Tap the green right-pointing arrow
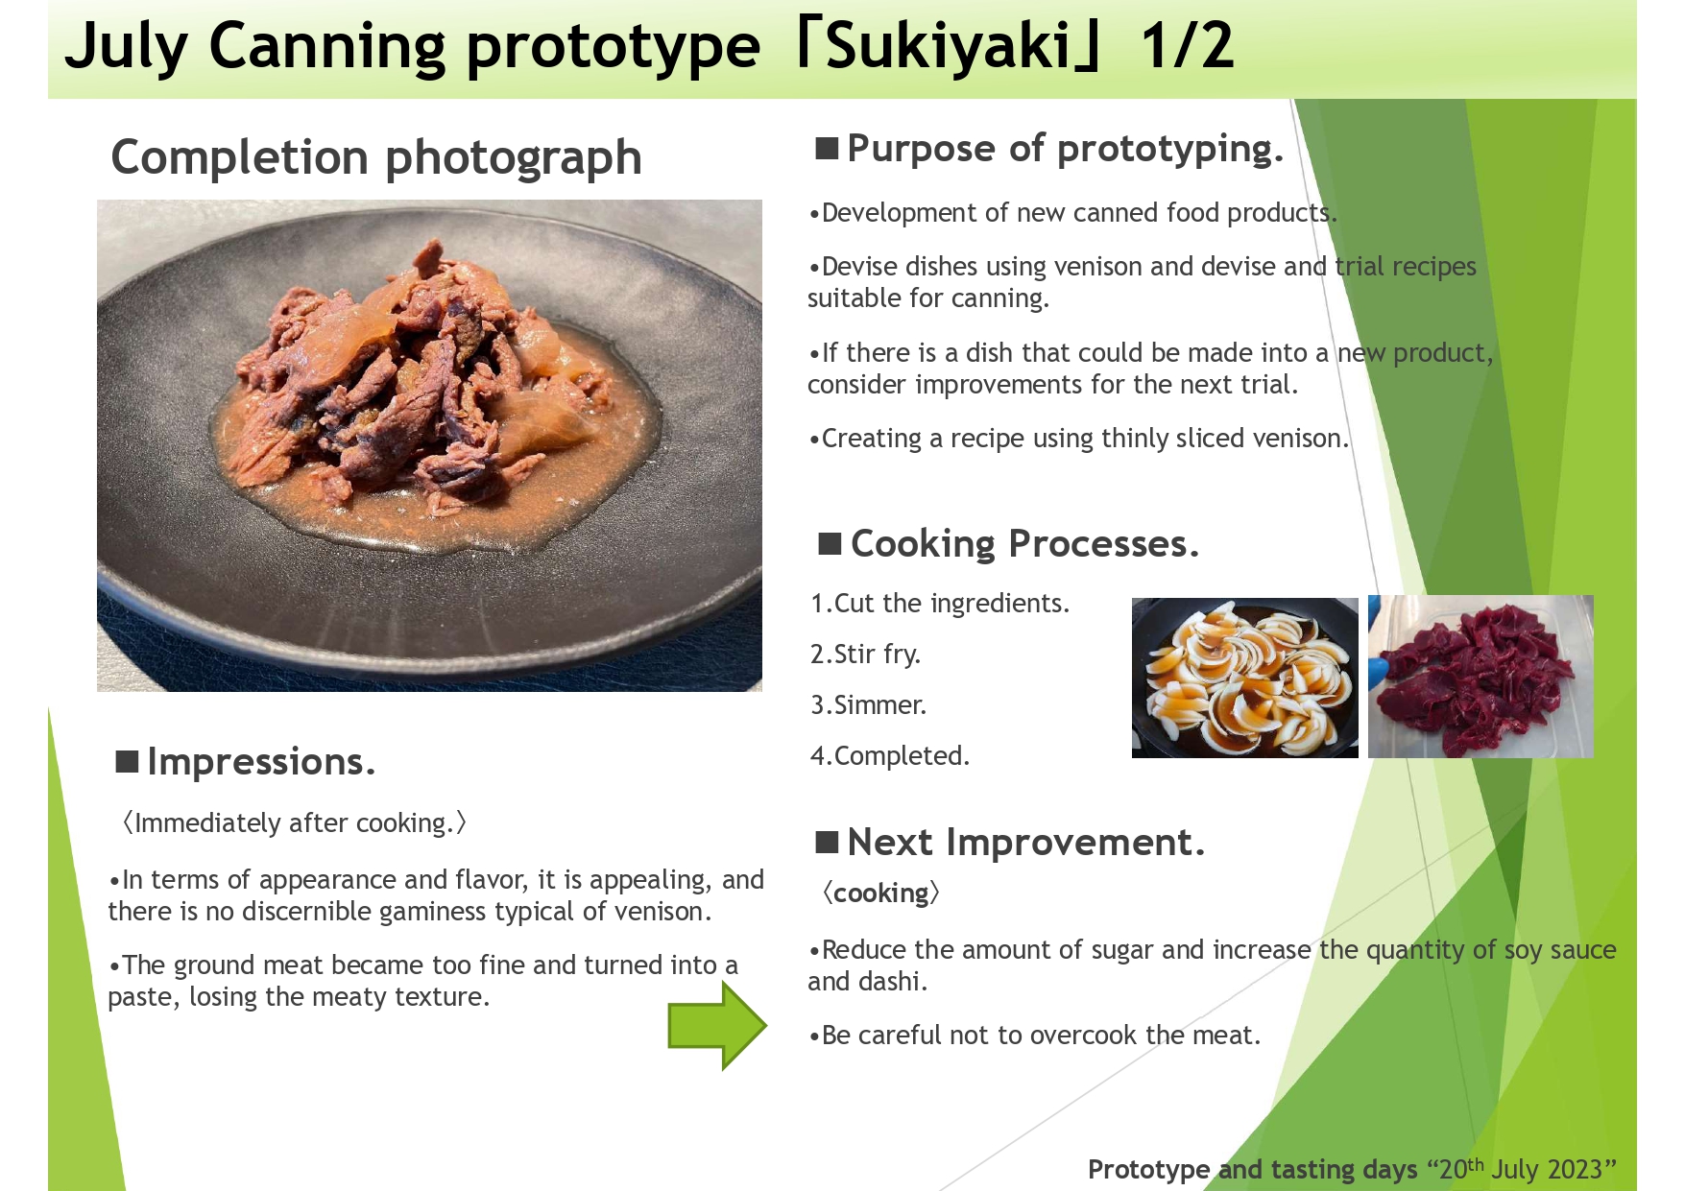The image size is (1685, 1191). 717,1026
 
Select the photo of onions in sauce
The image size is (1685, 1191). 1244,678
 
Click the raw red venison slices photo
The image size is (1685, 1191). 1480,677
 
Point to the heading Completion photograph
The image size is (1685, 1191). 376,157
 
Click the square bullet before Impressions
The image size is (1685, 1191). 127,762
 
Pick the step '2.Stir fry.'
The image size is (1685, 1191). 865,655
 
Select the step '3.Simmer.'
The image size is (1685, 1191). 868,705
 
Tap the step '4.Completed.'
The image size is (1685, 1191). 890,756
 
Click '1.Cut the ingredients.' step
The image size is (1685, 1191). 940,604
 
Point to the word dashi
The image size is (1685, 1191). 894,982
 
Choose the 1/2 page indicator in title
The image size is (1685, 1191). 1188,46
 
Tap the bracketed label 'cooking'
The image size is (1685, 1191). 880,893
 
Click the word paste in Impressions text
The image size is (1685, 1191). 140,998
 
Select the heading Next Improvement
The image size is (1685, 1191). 1025,843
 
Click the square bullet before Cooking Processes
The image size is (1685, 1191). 830,544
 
